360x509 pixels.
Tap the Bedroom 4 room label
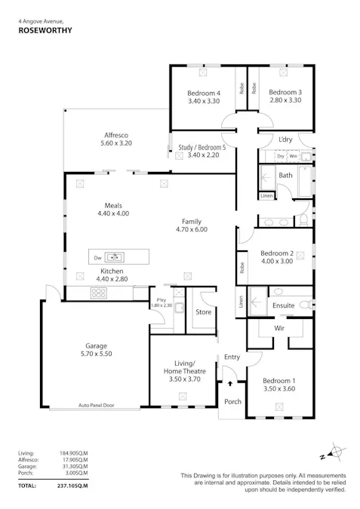[x=203, y=93]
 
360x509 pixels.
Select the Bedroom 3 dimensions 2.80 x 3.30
[x=285, y=100]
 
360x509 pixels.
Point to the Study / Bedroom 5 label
[x=202, y=148]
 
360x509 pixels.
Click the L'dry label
[x=285, y=140]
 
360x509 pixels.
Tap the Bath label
[x=285, y=175]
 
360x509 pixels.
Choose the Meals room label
[x=113, y=205]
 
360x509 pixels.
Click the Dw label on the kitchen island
[x=97, y=257]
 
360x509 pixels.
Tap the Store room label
[x=203, y=311]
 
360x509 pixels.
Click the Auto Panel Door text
[x=95, y=405]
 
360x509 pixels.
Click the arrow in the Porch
[x=229, y=385]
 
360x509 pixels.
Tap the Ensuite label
[x=283, y=305]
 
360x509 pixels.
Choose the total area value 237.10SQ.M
[x=73, y=486]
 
